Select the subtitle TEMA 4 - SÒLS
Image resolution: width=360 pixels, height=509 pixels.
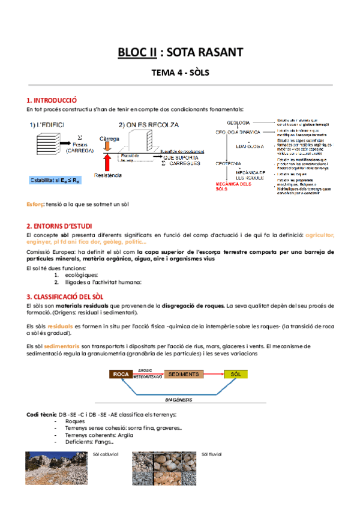pyautogui.click(x=179, y=73)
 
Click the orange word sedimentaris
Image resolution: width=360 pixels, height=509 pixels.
pyautogui.click(x=60, y=346)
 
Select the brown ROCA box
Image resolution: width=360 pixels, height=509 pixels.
pyautogui.click(x=121, y=374)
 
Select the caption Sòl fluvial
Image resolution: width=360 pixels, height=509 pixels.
pyautogui.click(x=212, y=454)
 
